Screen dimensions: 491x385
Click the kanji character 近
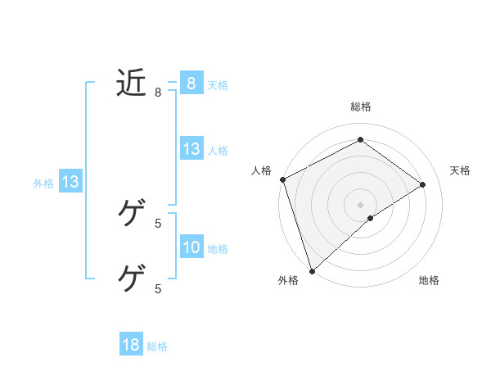coord(131,83)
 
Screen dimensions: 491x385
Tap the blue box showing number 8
coord(191,83)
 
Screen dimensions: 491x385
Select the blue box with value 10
coord(191,247)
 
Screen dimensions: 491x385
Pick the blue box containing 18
coord(131,345)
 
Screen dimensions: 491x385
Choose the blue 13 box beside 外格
coord(70,182)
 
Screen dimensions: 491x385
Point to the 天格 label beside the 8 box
coord(217,85)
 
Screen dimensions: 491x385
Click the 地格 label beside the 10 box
coord(218,249)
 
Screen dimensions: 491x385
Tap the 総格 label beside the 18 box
coord(157,346)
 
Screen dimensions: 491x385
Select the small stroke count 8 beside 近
coord(158,93)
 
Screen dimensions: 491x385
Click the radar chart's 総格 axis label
coord(360,106)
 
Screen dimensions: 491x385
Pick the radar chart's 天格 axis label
coord(460,170)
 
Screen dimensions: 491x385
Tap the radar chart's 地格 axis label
coord(429,281)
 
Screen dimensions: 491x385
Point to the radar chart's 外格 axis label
coord(287,281)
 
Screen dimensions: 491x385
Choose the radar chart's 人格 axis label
coord(261,170)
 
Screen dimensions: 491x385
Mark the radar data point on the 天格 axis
coord(423,184)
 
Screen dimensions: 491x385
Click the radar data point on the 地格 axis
coord(371,218)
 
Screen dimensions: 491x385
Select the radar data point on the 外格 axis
coord(312,269)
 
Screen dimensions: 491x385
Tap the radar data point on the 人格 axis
coord(282,179)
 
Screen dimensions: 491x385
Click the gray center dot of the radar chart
coord(360,204)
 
